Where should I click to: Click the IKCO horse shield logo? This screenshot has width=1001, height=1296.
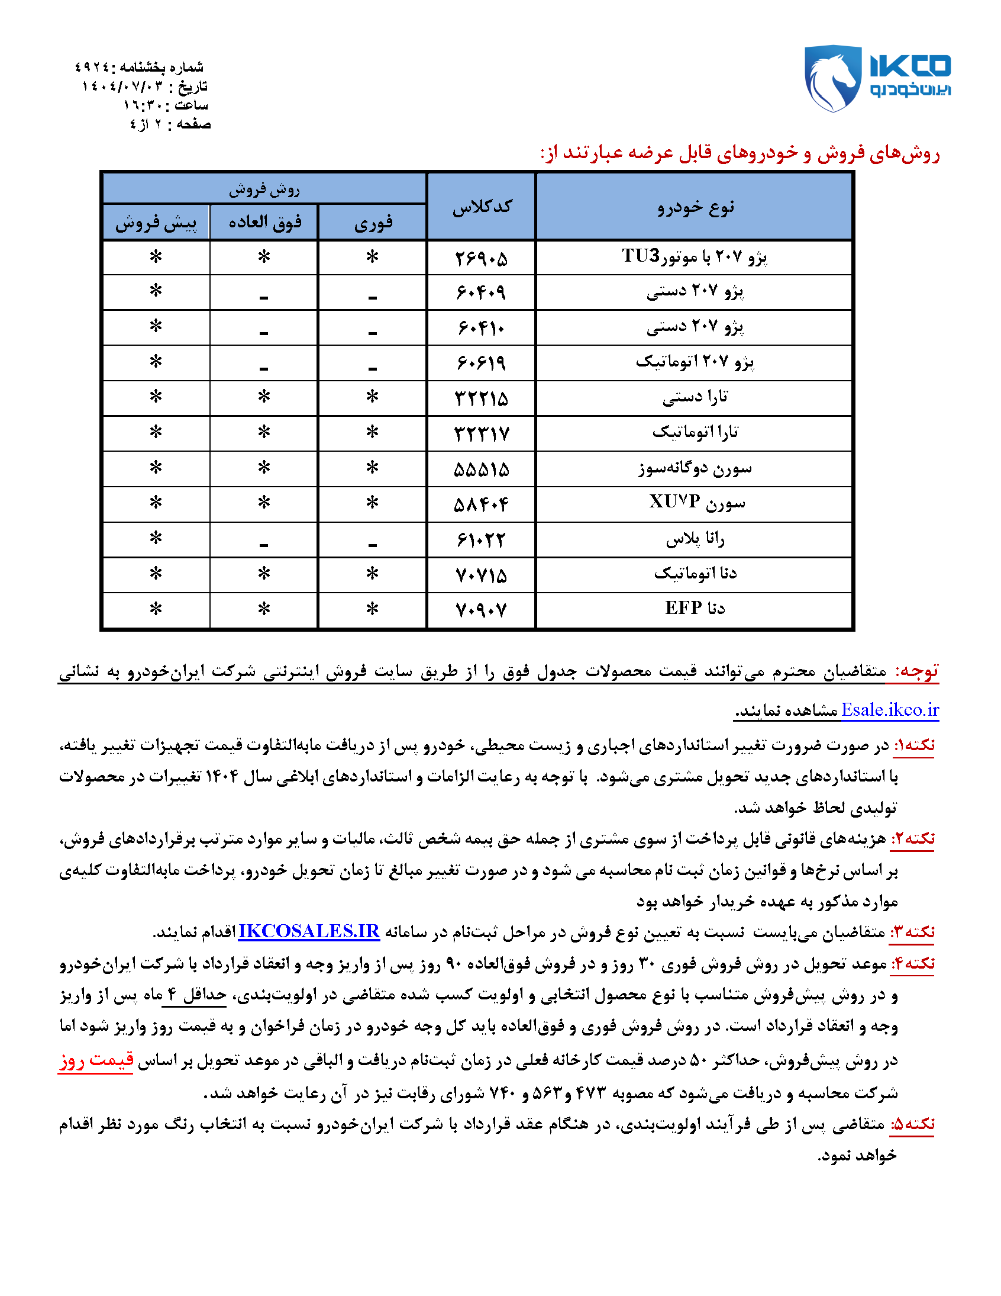tap(832, 78)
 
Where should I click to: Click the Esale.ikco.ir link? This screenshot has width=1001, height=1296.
tap(890, 710)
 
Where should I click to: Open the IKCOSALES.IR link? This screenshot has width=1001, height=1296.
tap(308, 931)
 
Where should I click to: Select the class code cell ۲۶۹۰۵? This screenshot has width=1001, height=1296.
tap(481, 258)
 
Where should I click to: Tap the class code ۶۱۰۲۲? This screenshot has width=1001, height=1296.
tap(481, 540)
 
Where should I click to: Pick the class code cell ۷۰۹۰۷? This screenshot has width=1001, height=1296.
tap(481, 610)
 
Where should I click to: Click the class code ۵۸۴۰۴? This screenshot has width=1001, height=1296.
tap(481, 504)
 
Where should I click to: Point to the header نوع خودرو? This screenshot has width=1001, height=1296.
tap(695, 207)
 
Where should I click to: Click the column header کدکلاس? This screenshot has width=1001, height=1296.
tap(482, 207)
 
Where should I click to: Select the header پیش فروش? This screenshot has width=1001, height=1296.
tap(156, 223)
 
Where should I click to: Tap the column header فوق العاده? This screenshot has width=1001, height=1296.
tap(264, 223)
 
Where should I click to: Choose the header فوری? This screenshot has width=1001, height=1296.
tap(373, 223)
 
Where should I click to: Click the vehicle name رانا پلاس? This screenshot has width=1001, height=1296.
tap(695, 539)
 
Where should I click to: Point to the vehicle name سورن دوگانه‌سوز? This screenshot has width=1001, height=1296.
tap(695, 469)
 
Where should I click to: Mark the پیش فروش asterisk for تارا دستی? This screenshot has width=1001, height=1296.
tap(156, 397)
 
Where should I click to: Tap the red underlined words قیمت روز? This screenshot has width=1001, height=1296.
tap(95, 1060)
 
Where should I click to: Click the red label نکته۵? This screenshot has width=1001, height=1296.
tap(912, 1124)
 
